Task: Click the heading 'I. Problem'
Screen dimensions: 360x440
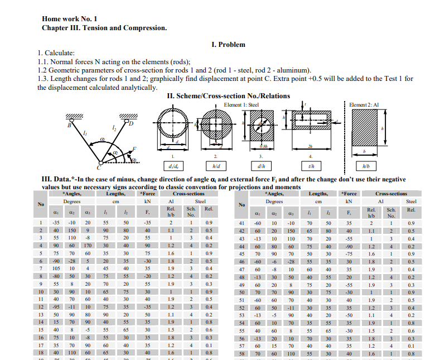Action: click(229, 44)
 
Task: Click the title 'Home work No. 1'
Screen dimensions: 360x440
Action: click(70, 18)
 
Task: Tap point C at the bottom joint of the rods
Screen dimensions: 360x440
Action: click(100, 166)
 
